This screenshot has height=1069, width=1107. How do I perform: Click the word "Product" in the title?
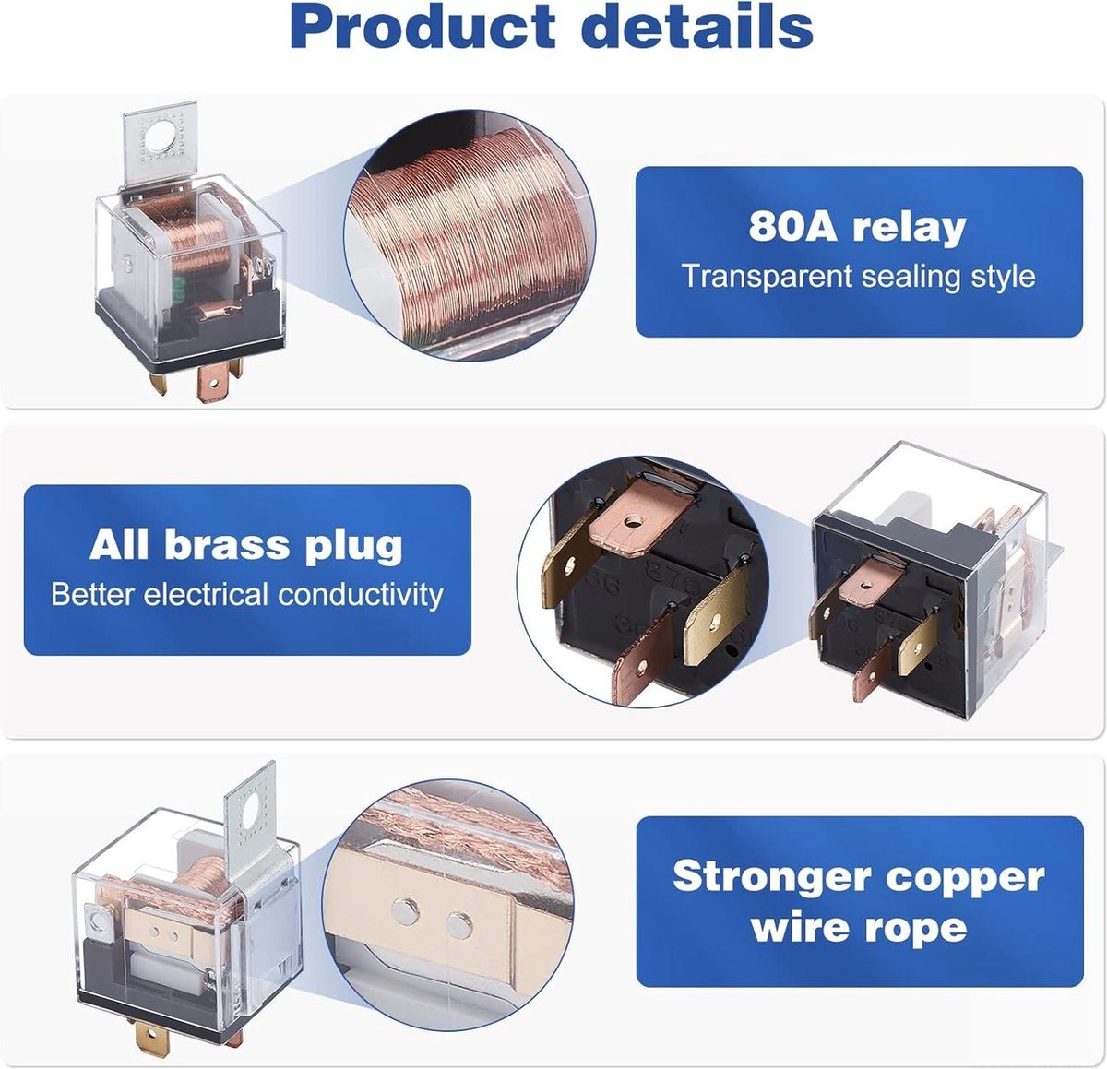coord(423,26)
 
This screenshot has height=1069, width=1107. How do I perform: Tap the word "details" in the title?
coord(696,26)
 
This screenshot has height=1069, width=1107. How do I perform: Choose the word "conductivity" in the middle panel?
coord(360,595)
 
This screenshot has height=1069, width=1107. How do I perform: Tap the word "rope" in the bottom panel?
coord(916,928)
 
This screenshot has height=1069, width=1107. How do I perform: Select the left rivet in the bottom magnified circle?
coord(405,911)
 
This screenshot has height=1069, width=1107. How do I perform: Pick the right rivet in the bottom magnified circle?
coord(458,925)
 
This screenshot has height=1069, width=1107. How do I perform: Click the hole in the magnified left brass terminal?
coord(569,565)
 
